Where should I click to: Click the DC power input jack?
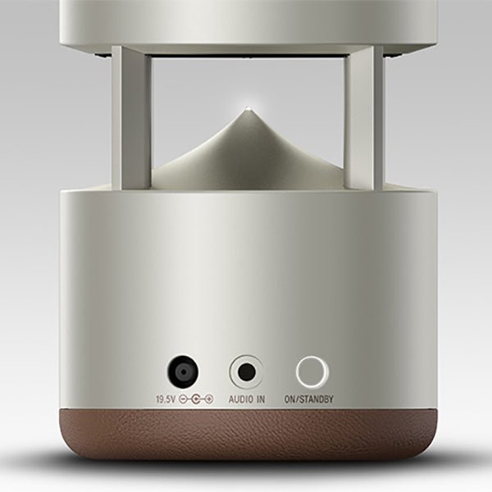pyautogui.click(x=183, y=373)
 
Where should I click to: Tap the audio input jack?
pyautogui.click(x=246, y=373)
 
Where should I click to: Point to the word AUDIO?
pyautogui.click(x=240, y=399)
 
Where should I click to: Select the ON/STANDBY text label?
pyautogui.click(x=308, y=399)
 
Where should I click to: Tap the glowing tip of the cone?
pyautogui.click(x=247, y=111)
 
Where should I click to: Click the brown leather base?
pyautogui.click(x=246, y=443)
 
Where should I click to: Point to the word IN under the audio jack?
pyautogui.click(x=260, y=399)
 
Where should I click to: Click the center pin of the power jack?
pyautogui.click(x=183, y=373)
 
